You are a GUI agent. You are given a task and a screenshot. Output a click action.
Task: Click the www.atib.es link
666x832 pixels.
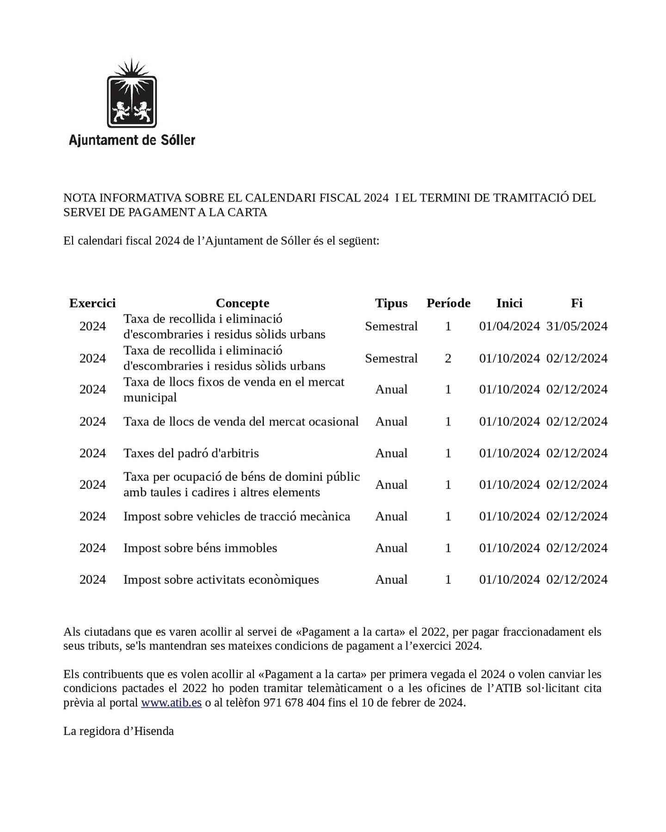pyautogui.click(x=171, y=703)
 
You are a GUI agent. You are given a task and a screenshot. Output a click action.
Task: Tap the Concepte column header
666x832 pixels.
pyautogui.click(x=242, y=303)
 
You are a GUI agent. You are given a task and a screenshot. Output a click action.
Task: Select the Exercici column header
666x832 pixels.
pyautogui.click(x=92, y=303)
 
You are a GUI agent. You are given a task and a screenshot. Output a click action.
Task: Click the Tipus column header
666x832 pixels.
pyautogui.click(x=391, y=303)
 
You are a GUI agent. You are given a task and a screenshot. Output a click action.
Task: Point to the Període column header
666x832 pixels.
pyautogui.click(x=448, y=303)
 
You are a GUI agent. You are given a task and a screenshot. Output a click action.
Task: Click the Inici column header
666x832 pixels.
pyautogui.click(x=509, y=303)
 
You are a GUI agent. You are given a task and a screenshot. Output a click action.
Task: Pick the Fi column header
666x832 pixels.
pyautogui.click(x=576, y=303)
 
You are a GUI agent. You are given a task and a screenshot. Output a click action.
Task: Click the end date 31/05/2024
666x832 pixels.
pyautogui.click(x=577, y=326)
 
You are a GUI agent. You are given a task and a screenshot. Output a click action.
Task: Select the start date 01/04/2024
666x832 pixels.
pyautogui.click(x=509, y=326)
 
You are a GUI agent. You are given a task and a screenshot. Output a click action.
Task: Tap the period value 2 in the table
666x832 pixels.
pyautogui.click(x=448, y=358)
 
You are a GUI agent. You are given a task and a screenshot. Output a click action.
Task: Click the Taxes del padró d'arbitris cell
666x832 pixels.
pyautogui.click(x=191, y=453)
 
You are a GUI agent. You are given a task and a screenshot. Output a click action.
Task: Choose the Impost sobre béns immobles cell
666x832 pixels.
pyautogui.click(x=200, y=548)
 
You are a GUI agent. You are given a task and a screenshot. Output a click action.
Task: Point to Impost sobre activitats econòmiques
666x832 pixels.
pyautogui.click(x=221, y=580)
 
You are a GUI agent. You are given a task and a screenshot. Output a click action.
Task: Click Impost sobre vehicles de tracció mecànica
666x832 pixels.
pyautogui.click(x=237, y=516)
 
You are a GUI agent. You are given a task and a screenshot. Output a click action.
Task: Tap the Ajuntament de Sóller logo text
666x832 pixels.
pyautogui.click(x=132, y=140)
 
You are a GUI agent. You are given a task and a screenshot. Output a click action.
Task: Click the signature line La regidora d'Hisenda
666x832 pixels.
pyautogui.click(x=118, y=731)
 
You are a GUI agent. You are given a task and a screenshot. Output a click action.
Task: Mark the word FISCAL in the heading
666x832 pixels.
pyautogui.click(x=339, y=198)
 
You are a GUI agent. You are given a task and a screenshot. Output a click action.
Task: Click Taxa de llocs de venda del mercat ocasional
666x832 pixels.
pyautogui.click(x=241, y=422)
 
